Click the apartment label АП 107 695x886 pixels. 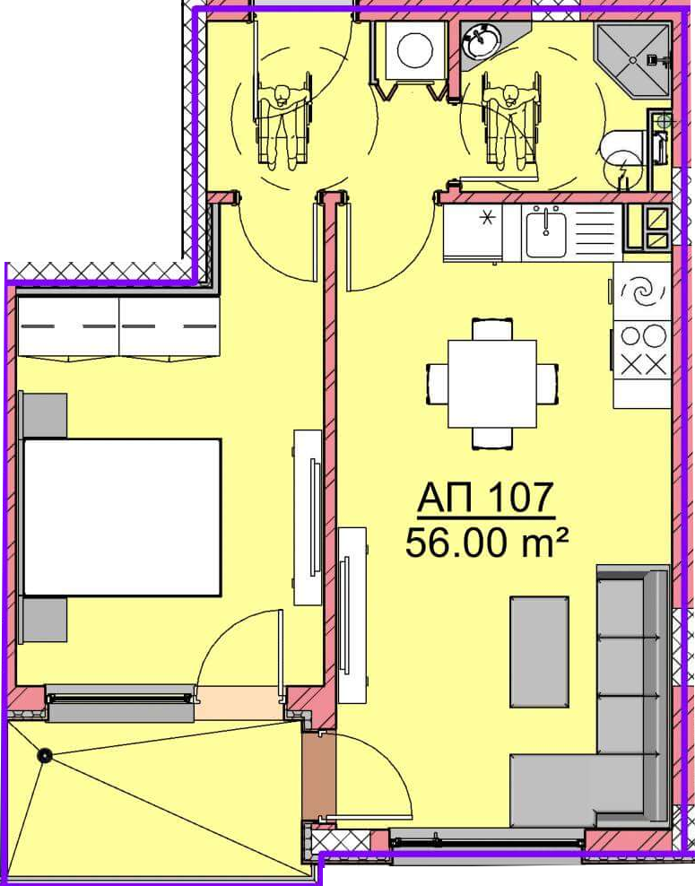[x=485, y=498]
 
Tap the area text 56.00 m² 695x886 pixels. [x=486, y=543]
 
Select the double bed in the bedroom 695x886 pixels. [x=121, y=517]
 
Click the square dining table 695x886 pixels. [x=492, y=384]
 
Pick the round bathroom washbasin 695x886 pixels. [x=481, y=41]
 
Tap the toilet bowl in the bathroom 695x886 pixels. [x=621, y=150]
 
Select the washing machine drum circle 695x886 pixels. [x=414, y=49]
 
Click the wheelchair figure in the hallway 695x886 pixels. [x=283, y=120]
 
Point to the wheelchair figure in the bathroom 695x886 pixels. [x=509, y=120]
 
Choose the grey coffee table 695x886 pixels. [x=539, y=651]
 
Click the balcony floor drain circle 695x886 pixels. [x=44, y=755]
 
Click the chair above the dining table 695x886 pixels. [x=492, y=329]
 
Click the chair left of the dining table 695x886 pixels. [x=437, y=384]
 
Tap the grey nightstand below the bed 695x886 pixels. [x=43, y=620]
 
